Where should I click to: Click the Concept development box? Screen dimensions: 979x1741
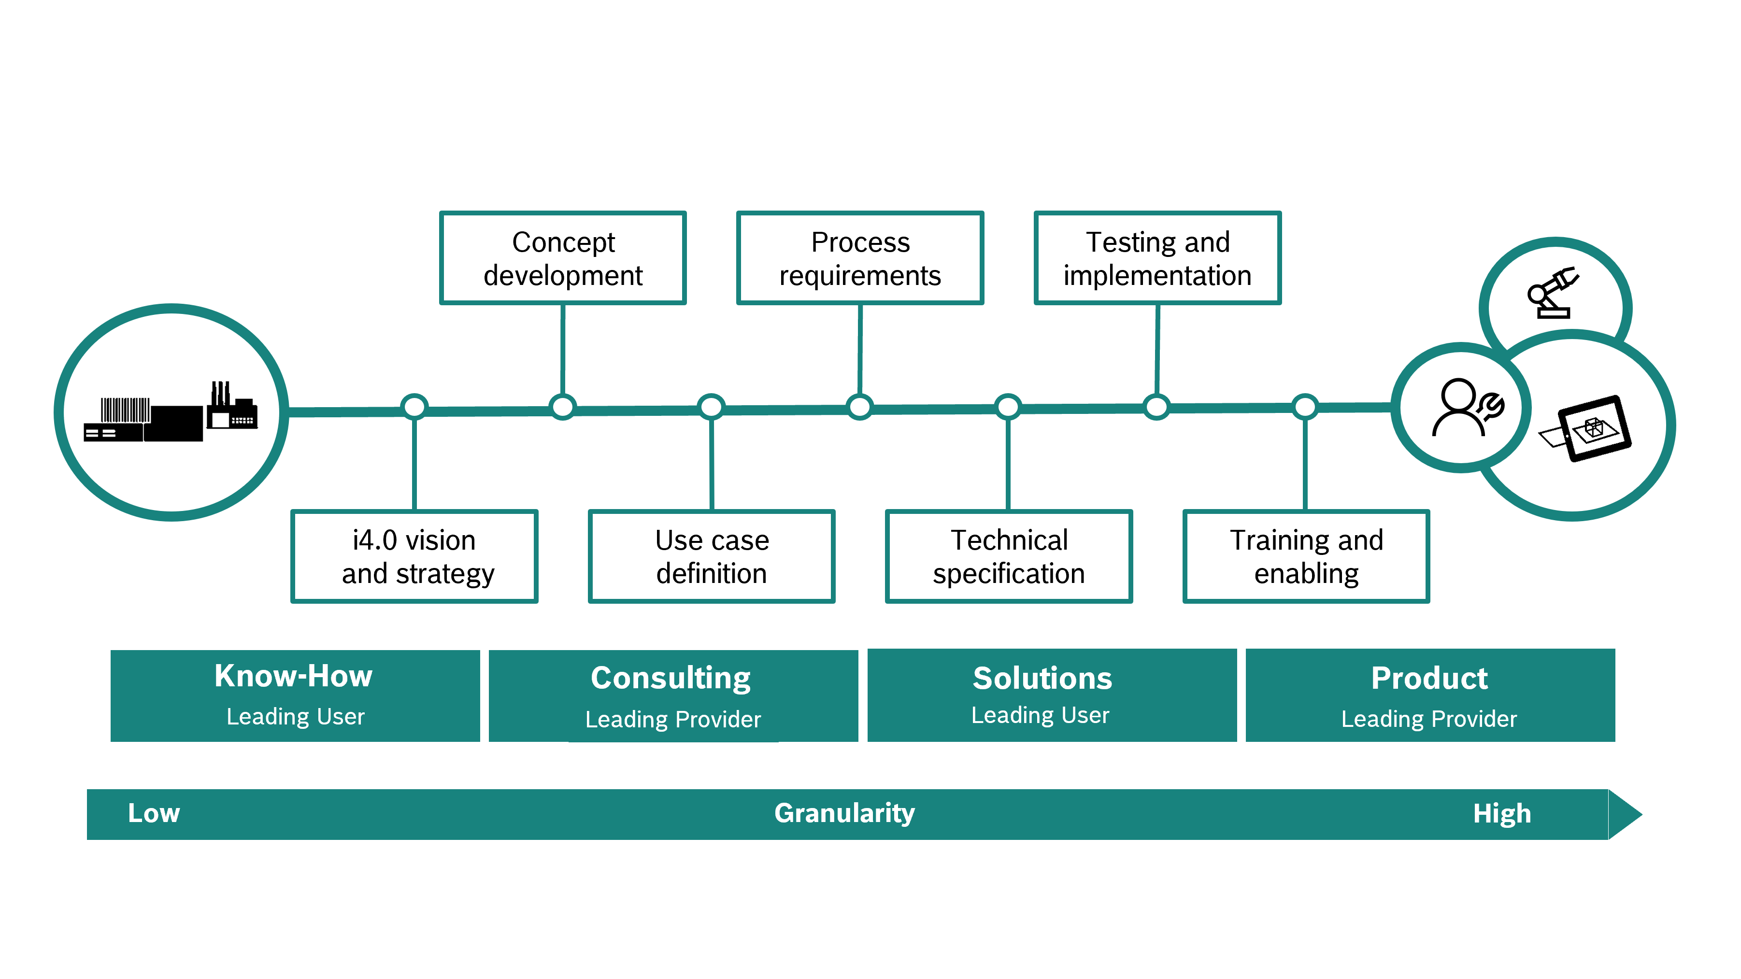tap(562, 258)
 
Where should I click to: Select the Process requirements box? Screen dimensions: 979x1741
tap(860, 258)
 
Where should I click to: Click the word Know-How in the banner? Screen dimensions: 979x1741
tap(293, 676)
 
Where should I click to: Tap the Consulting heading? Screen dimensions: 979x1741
tap(671, 678)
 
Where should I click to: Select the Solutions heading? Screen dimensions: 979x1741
tap(1042, 678)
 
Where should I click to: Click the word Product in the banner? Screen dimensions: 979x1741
tap(1429, 678)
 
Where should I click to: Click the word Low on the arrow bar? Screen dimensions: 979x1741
tap(154, 813)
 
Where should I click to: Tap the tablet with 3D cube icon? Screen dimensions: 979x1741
tap(1588, 429)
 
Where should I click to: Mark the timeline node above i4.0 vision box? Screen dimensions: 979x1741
tap(414, 407)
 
